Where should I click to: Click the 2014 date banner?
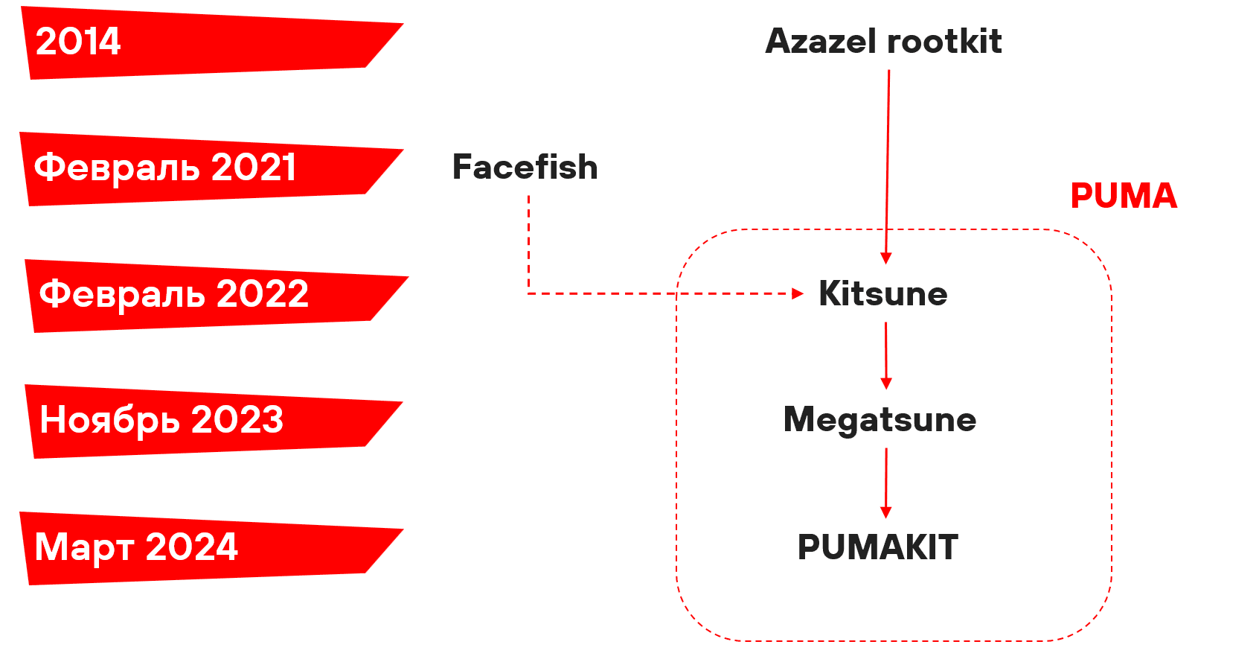(201, 43)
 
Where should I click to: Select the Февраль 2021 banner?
(201, 168)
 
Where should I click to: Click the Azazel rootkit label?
(883, 42)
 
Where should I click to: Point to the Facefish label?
(525, 168)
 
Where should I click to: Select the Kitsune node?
(882, 294)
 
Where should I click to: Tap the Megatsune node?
(880, 420)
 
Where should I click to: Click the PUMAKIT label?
(878, 548)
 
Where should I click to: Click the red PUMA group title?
(1124, 197)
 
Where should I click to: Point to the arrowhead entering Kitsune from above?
(885, 258)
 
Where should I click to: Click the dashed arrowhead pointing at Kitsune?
(798, 293)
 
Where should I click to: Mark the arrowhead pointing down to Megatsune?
(885, 383)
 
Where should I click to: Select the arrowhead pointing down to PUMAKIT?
(885, 512)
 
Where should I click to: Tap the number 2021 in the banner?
(254, 168)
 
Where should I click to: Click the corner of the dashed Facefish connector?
(528, 293)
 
